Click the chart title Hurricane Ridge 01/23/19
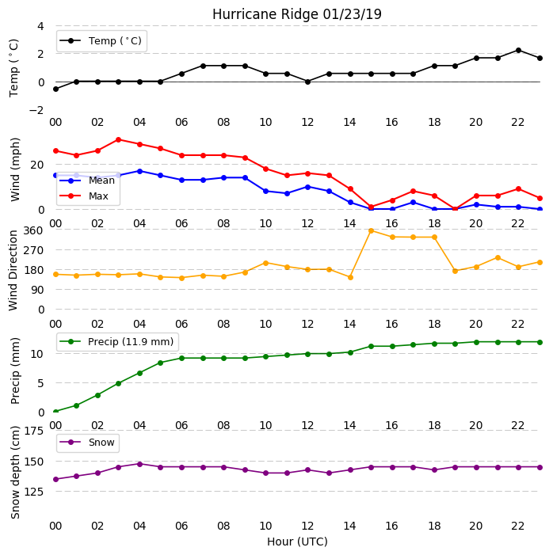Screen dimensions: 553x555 [297, 14]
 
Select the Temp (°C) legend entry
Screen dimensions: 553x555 [101, 41]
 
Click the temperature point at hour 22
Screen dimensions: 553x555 [519, 50]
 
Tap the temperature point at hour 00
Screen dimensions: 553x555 [55, 89]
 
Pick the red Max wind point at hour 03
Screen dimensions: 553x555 [119, 140]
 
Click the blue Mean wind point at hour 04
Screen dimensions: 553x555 [139, 171]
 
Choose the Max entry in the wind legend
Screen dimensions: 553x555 [84, 196]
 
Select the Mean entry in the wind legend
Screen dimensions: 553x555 [87, 181]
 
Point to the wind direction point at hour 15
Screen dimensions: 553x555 [372, 230]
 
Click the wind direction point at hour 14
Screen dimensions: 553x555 [350, 277]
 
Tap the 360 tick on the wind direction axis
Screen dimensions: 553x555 [33, 230]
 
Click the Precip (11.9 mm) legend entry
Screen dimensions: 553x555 [117, 342]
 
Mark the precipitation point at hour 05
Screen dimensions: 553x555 [161, 363]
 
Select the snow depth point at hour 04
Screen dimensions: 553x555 [139, 464]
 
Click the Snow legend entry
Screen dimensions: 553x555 [87, 443]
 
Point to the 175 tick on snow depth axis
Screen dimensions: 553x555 [33, 431]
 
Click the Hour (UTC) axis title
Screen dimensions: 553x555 [297, 542]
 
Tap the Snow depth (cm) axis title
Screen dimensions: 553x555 [15, 473]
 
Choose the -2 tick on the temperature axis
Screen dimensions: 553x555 [36, 110]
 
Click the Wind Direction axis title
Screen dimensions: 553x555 [13, 271]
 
